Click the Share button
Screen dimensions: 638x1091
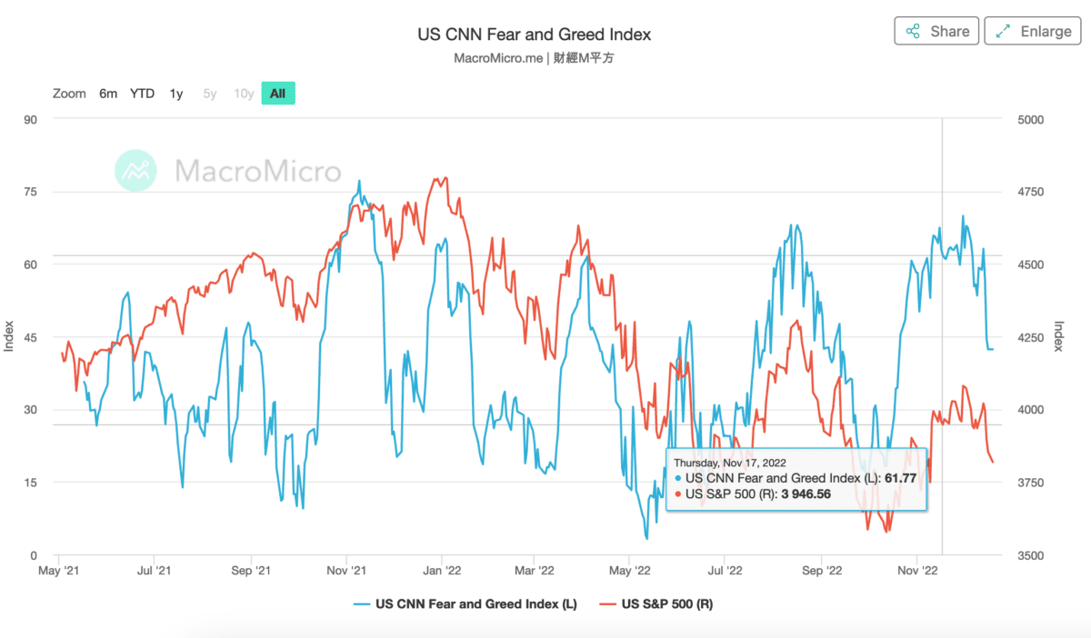tap(937, 31)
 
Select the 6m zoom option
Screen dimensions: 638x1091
tap(108, 93)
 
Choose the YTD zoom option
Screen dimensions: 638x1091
tap(142, 93)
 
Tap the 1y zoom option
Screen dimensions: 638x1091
tap(176, 93)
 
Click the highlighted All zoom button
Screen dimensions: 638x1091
tap(277, 93)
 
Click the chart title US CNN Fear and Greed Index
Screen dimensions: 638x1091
tap(534, 35)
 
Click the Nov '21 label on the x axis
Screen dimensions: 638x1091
tap(345, 571)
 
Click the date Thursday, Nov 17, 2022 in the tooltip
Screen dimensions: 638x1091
tap(729, 462)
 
